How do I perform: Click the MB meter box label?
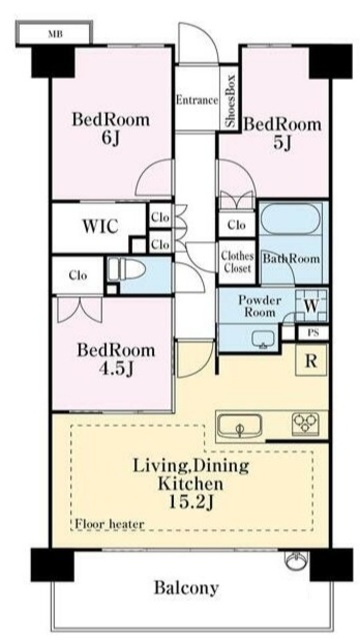55,34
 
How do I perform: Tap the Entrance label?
197,100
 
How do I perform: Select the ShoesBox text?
231,100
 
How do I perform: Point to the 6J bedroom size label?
111,139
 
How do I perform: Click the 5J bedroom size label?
282,142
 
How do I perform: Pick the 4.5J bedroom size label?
116,369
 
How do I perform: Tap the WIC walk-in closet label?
101,226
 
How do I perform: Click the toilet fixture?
127,270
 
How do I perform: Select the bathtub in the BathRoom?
291,218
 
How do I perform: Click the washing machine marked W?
311,306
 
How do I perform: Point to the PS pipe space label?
313,333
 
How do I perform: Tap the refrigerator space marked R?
311,360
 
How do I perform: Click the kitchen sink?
240,427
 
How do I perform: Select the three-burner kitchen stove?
305,423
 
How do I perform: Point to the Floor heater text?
110,524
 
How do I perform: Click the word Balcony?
186,588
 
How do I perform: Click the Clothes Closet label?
237,262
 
